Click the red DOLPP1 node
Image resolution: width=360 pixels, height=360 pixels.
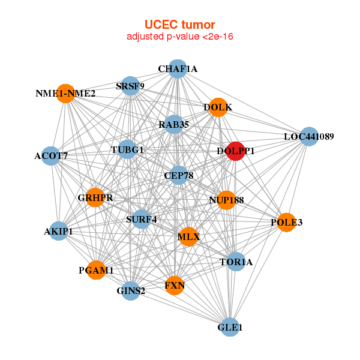[236, 151]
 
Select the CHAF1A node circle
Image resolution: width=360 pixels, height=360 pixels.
[178, 69]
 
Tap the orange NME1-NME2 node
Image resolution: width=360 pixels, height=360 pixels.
[65, 94]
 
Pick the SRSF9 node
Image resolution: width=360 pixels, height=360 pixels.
[130, 86]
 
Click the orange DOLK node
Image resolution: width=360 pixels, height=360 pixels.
[218, 107]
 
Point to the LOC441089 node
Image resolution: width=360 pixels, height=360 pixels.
[309, 136]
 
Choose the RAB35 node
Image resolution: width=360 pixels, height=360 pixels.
[174, 124]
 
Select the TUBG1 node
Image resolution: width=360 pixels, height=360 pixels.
[127, 149]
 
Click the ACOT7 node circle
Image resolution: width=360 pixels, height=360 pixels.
[51, 156]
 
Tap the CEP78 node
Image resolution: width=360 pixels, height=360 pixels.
[179, 175]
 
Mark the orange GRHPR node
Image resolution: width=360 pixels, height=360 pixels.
[95, 197]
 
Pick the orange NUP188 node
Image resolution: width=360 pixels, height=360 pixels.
[226, 200]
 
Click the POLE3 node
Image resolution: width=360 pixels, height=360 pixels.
[287, 222]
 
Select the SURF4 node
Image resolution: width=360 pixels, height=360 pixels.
[142, 219]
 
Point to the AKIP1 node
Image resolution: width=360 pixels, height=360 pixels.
[59, 231]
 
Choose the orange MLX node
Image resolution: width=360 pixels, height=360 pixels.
[188, 237]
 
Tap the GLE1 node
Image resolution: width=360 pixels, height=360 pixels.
[230, 327]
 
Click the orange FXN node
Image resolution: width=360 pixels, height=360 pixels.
[175, 286]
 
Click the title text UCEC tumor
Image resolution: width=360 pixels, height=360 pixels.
[180, 25]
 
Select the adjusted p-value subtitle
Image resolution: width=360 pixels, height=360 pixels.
[180, 37]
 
